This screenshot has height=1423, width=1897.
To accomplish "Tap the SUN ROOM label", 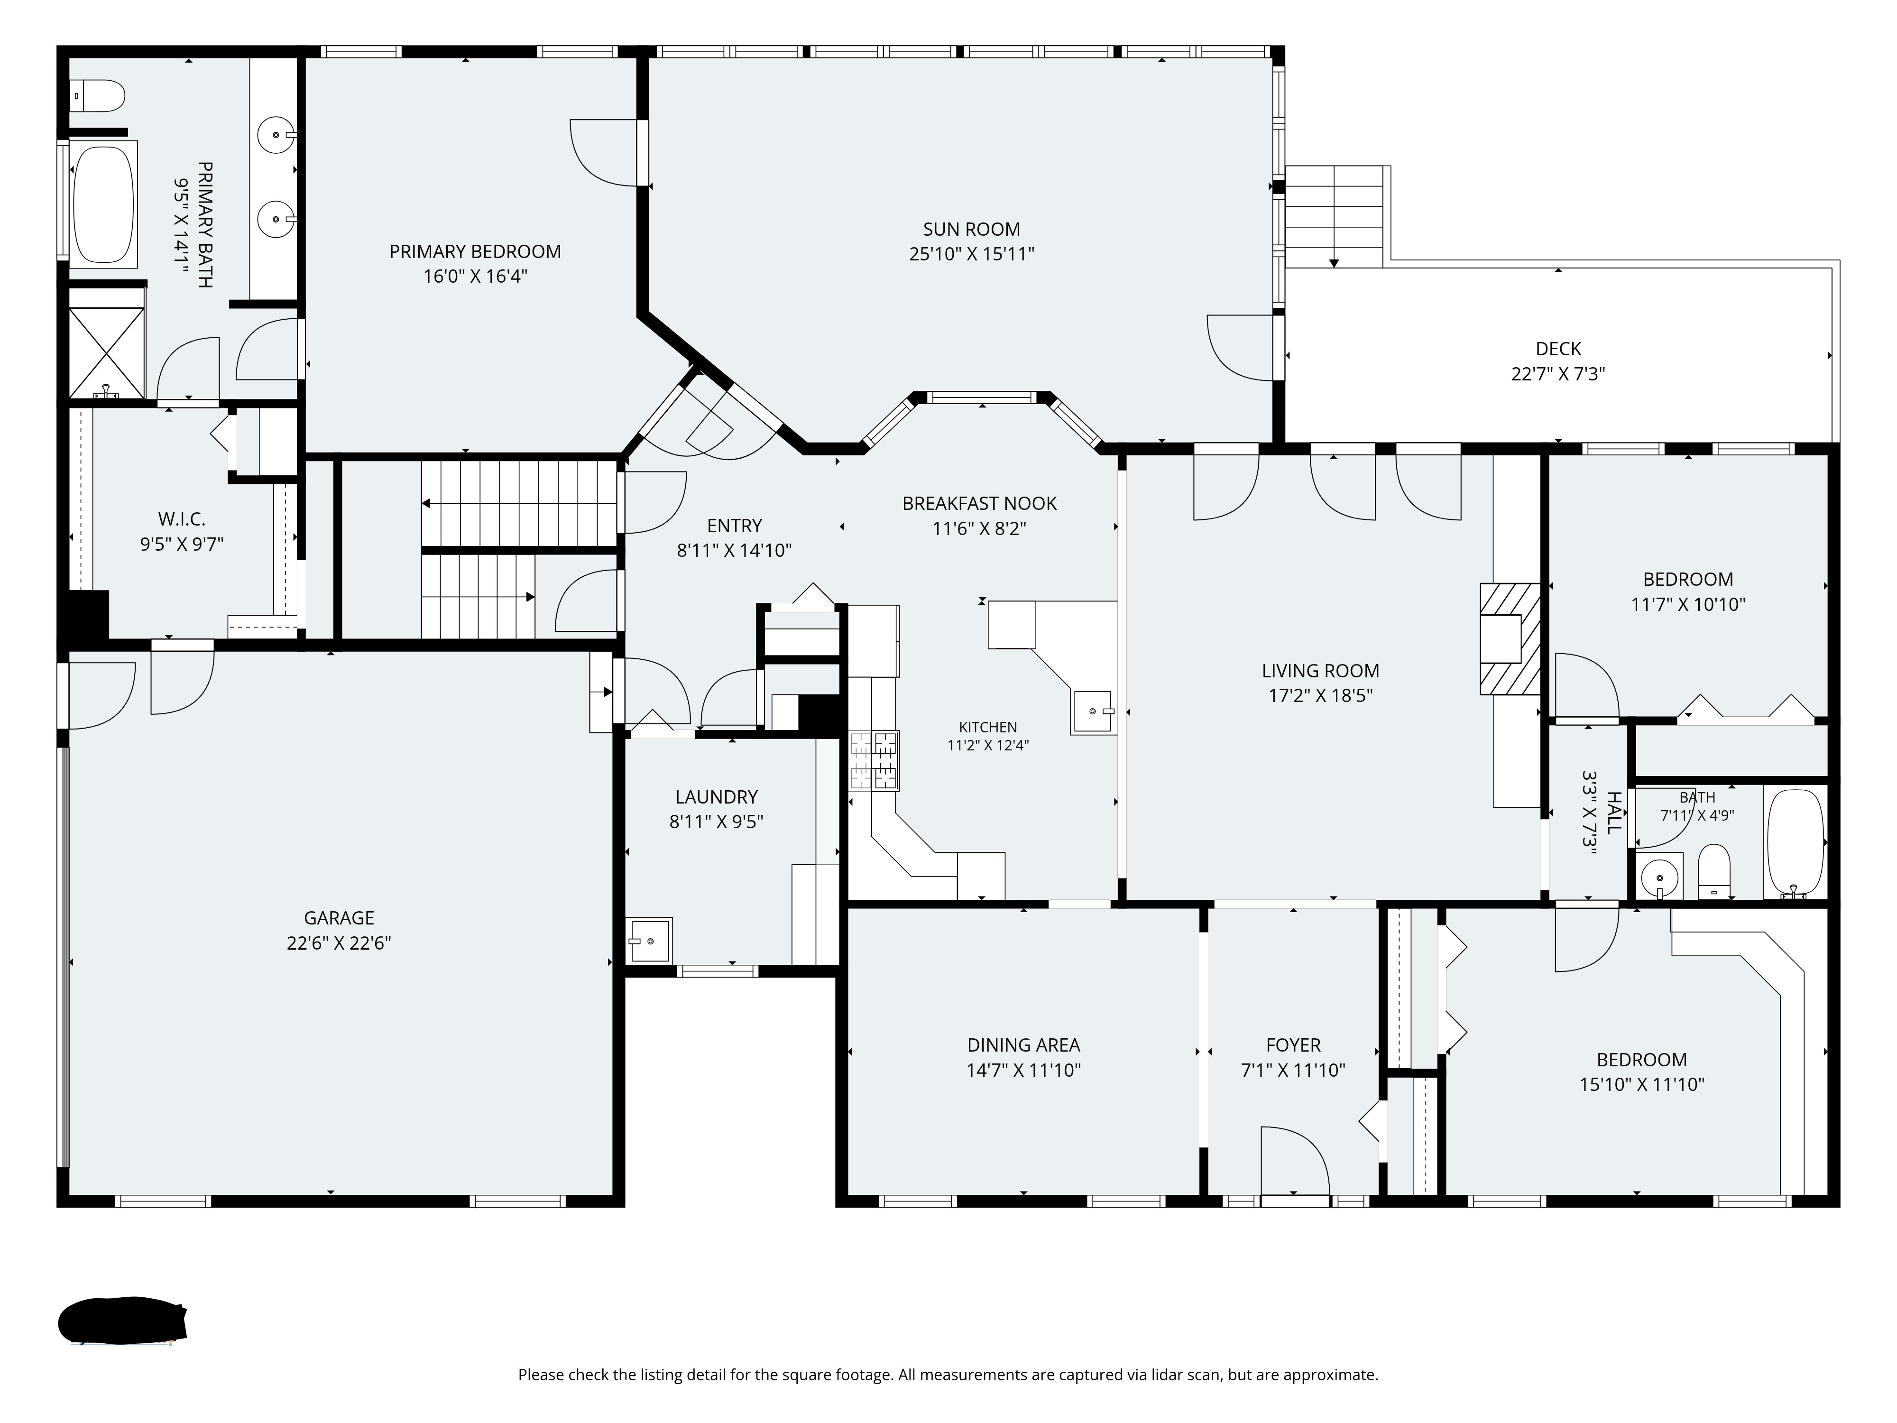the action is click(x=972, y=229).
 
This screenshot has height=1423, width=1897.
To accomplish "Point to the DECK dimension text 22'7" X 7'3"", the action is click(x=1558, y=374).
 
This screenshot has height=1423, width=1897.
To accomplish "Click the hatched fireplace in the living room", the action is click(x=1510, y=639).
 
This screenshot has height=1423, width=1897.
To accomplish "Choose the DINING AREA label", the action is click(x=1024, y=1045).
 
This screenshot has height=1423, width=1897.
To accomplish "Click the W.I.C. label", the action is click(x=182, y=519).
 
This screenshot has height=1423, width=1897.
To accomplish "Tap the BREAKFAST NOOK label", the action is click(x=979, y=503).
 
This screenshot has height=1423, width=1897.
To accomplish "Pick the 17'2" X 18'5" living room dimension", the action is click(x=1321, y=696).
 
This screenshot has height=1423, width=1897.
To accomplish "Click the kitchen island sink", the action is click(x=1094, y=712).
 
